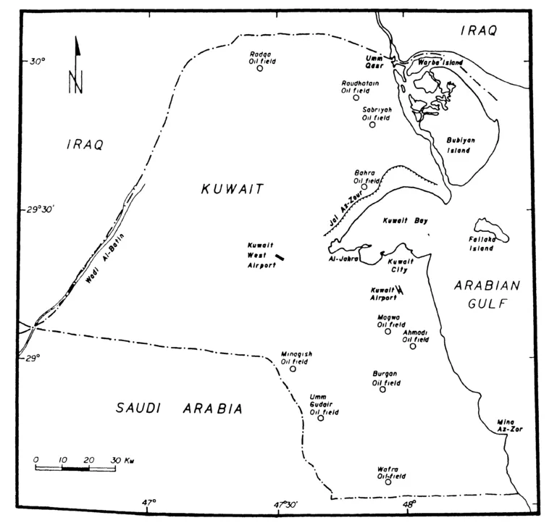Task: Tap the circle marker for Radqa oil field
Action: (259, 68)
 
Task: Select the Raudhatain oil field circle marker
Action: (356, 97)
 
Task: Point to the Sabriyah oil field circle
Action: (372, 125)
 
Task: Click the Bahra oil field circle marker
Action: (364, 186)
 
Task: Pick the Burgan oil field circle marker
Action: (383, 390)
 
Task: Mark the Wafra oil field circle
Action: (388, 482)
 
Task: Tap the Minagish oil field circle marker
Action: (293, 369)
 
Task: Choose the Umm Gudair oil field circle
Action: (321, 418)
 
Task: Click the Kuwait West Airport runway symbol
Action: (280, 256)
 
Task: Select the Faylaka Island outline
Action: (491, 230)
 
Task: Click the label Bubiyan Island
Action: (458, 145)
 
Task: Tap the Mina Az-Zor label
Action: (509, 425)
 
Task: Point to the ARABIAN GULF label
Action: (482, 295)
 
